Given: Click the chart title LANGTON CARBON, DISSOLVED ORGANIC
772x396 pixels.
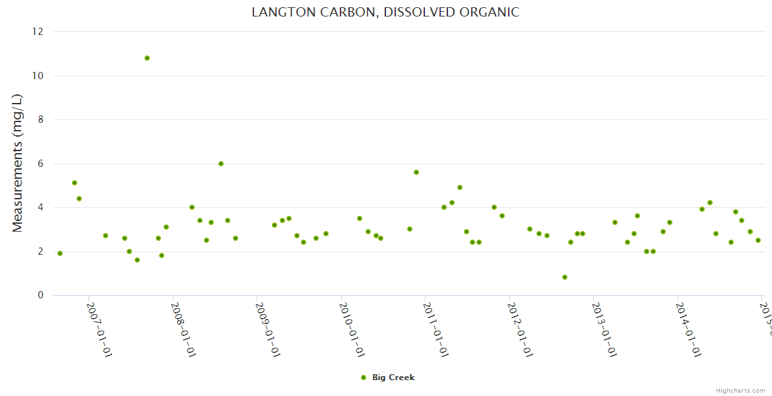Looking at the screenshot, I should tap(385, 13).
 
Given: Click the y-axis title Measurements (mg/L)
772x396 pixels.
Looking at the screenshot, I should tap(18, 163).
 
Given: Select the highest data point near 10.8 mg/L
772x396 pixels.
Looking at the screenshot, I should tap(147, 58).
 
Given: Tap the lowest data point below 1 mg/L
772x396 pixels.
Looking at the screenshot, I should tap(565, 277).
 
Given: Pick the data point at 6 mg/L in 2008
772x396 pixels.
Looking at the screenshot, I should tap(221, 164).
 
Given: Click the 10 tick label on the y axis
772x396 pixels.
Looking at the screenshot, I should tap(38, 76).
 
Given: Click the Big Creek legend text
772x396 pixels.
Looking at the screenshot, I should tap(393, 378).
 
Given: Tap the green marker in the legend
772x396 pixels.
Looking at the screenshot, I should tap(363, 378).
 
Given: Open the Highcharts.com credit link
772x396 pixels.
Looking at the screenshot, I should tap(740, 390).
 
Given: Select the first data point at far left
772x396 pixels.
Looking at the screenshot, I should tap(60, 253).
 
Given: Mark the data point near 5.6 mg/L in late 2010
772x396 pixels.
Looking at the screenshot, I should tap(416, 172).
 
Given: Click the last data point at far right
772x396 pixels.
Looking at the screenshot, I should tap(758, 240).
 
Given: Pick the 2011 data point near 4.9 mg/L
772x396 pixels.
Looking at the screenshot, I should tap(460, 187).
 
